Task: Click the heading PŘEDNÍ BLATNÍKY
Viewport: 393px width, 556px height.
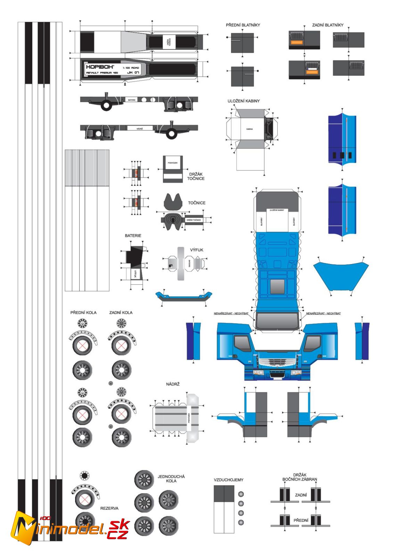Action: click(243, 25)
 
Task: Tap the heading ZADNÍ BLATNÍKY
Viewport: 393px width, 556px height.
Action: click(327, 25)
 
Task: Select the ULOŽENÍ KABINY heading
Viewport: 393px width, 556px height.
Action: click(244, 101)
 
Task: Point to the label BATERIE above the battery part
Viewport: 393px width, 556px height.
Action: click(133, 236)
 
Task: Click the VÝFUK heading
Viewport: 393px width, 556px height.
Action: click(197, 250)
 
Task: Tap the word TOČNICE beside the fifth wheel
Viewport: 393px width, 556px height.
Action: click(197, 203)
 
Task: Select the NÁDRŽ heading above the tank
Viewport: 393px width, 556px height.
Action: click(173, 384)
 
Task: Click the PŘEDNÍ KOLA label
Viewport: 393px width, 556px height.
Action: click(83, 312)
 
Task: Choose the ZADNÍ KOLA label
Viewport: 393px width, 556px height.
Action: click(121, 312)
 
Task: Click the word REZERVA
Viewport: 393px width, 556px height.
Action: click(109, 508)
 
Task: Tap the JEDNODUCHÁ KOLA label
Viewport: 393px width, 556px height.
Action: click(171, 479)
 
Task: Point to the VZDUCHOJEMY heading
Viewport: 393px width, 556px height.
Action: click(228, 480)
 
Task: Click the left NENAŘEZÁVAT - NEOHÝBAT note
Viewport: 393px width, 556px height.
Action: click(231, 313)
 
